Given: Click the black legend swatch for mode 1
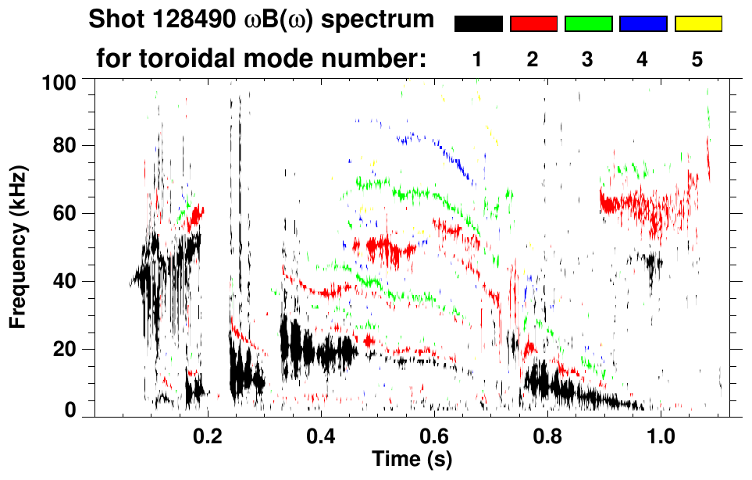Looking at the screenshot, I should (x=478, y=24).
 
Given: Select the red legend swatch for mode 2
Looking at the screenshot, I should (x=533, y=24).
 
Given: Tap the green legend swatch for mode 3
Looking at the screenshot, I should (x=588, y=24).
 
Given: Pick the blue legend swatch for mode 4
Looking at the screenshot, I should (x=643, y=24).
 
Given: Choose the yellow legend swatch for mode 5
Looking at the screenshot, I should (x=698, y=24).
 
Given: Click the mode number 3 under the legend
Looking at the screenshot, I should (x=588, y=59).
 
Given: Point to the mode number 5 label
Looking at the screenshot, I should (x=697, y=59).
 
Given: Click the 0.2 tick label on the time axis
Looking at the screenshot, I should (x=208, y=434).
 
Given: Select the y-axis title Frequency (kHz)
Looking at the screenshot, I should (x=19, y=247).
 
